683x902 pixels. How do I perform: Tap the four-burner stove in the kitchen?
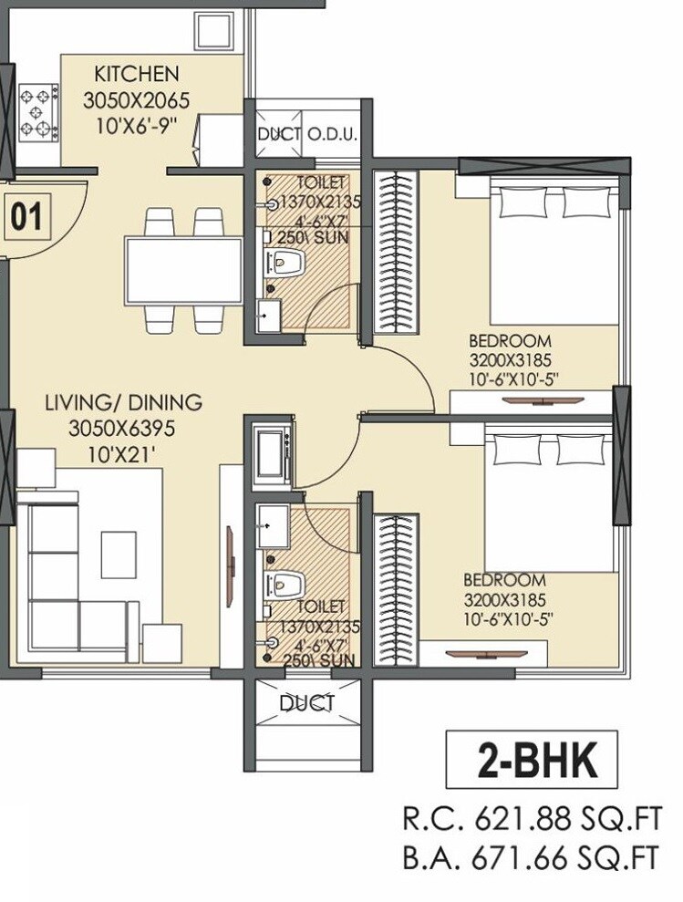38,114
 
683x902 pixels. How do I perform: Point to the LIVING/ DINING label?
124,402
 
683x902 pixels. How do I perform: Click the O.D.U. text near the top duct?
332,135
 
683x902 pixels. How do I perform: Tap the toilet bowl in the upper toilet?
289,264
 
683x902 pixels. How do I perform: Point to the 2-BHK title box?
532,760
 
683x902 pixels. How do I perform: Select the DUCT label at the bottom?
306,703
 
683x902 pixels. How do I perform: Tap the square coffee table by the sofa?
118,554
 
